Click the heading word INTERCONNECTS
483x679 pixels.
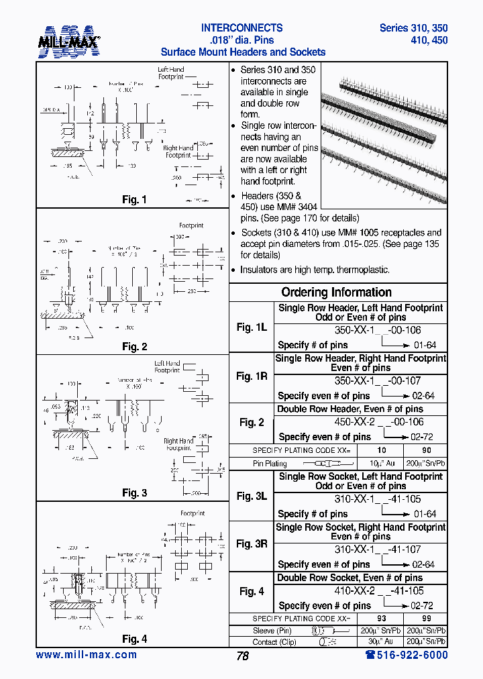coord(241,28)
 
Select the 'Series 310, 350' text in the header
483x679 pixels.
coord(413,28)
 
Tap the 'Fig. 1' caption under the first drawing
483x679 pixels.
coord(134,200)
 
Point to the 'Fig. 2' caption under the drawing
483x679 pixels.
coord(134,347)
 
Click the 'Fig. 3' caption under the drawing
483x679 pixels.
coord(134,493)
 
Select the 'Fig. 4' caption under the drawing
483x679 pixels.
coord(134,639)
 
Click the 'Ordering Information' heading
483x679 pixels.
coord(336,293)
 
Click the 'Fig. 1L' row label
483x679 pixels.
coord(252,327)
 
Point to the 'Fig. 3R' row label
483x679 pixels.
coord(252,544)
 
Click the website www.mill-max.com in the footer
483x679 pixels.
coord(86,655)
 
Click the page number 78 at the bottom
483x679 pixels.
coord(242,656)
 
